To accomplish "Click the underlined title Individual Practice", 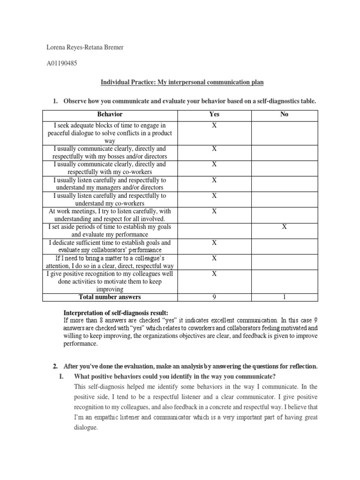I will pyautogui.click(x=182, y=82).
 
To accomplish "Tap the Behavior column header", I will pyautogui.click(x=110, y=114).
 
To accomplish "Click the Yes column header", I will pyautogui.click(x=214, y=114).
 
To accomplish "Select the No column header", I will pyautogui.click(x=284, y=114).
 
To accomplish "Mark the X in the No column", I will pyautogui.click(x=284, y=227).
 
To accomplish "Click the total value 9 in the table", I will pyautogui.click(x=214, y=297).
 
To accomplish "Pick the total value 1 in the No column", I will pyautogui.click(x=284, y=297).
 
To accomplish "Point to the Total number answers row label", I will pyautogui.click(x=110, y=297).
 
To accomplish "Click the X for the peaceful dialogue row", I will pyautogui.click(x=214, y=126).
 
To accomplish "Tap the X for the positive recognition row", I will pyautogui.click(x=214, y=274).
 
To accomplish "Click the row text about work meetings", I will pyautogui.click(x=110, y=215).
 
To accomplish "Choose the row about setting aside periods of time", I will pyautogui.click(x=110, y=231).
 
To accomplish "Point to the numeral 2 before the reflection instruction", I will pyautogui.click(x=54, y=366).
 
